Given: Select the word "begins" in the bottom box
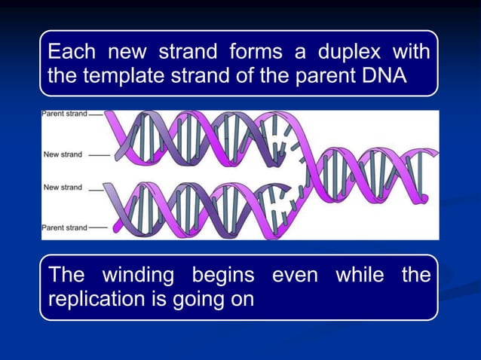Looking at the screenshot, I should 218,276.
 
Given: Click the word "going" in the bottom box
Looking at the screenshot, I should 199,299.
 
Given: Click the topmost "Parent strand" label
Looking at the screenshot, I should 64,115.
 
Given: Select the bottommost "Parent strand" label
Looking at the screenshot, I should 64,227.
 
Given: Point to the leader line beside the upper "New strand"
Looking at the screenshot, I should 99,155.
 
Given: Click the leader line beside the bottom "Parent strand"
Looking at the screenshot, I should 97,227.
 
